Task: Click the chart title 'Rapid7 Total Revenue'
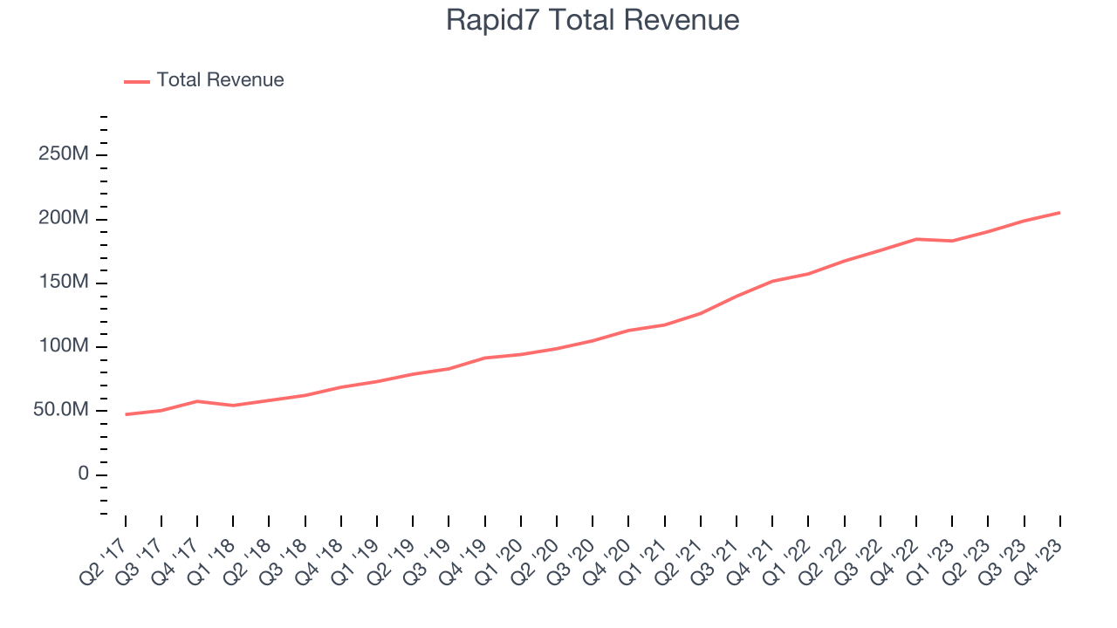click(x=593, y=20)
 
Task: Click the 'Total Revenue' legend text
click(x=220, y=80)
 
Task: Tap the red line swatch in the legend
click(x=137, y=81)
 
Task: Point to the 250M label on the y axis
click(x=64, y=155)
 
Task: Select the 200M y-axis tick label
click(x=64, y=219)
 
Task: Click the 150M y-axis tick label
click(x=64, y=283)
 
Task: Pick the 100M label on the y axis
click(x=64, y=347)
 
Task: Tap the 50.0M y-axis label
click(x=61, y=411)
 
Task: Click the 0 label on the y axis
click(x=84, y=474)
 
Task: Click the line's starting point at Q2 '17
click(x=126, y=414)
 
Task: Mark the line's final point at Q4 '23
click(x=1059, y=213)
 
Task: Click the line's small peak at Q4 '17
click(x=197, y=401)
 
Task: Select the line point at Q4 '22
click(x=916, y=239)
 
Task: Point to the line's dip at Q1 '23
click(x=952, y=241)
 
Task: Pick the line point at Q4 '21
click(x=772, y=281)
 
